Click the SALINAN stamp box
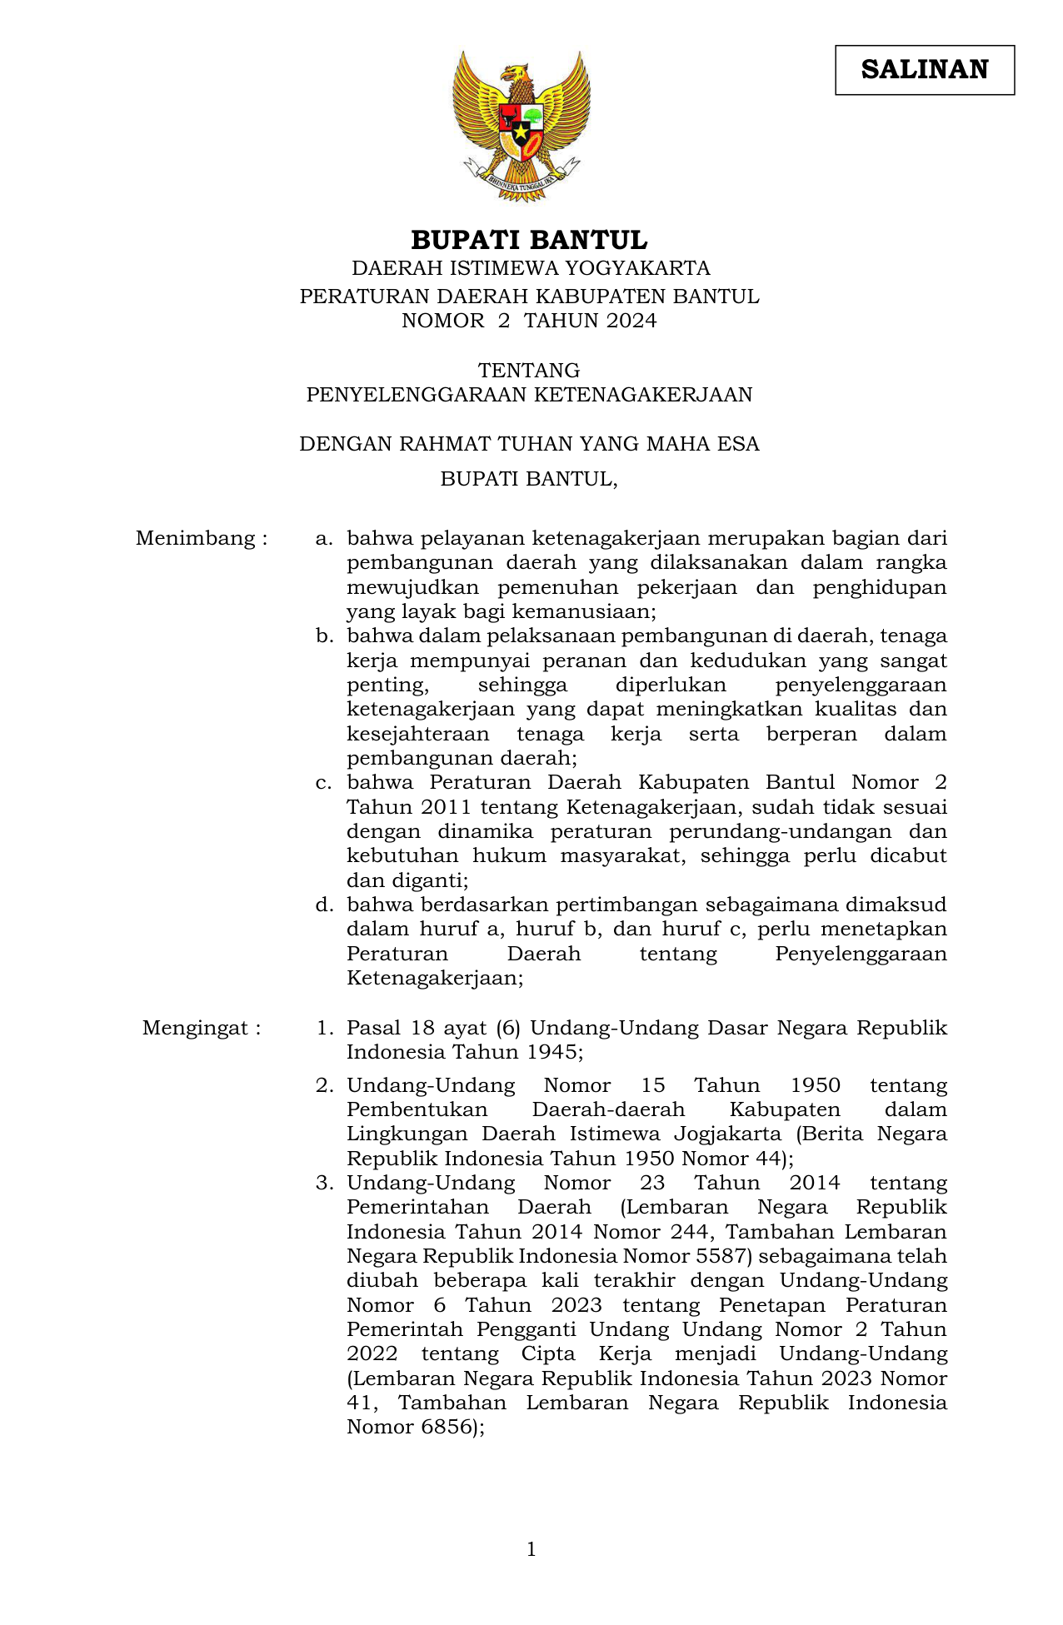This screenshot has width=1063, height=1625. point(925,70)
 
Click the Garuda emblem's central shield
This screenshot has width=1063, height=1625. point(521,129)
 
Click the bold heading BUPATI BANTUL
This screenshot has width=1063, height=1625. point(529,241)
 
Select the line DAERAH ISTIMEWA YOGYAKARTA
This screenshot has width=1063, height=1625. point(531,268)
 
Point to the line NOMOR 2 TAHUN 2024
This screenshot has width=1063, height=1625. point(529,321)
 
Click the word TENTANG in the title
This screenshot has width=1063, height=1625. point(529,370)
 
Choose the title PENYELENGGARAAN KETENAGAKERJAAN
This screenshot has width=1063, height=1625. point(529,395)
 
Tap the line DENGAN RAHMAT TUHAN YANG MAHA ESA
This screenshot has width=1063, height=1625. point(529,444)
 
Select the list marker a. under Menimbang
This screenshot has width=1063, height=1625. point(324,539)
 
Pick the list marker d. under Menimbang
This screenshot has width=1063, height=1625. point(324,905)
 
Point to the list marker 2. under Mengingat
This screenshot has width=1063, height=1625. point(324,1085)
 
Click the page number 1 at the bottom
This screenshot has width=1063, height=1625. point(531,1549)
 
